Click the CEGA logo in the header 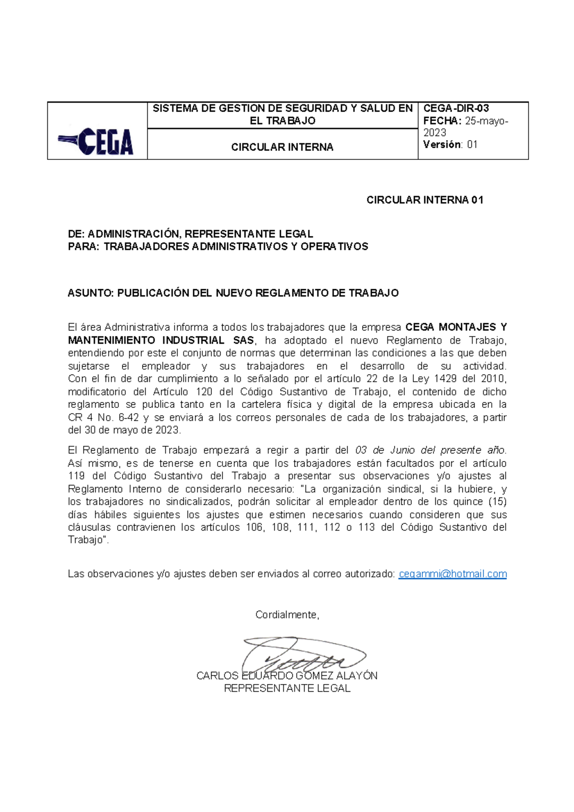97,141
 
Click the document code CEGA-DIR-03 456,108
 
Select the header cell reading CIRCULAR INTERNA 282,147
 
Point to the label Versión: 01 450,145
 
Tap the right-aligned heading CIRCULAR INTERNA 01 425,200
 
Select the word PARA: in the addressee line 84,247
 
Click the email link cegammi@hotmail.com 453,574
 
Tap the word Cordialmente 287,615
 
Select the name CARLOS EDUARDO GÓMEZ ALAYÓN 287,676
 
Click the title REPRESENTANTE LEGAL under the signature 287,688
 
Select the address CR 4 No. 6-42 103,417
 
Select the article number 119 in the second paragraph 77,476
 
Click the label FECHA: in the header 442,121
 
